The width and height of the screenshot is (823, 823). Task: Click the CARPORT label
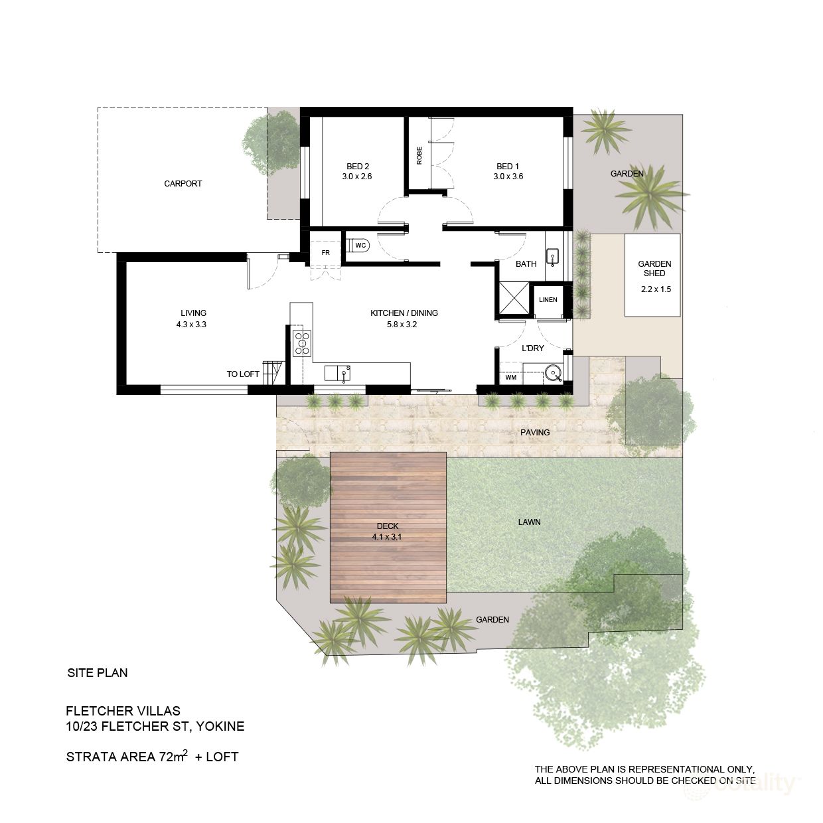(183, 184)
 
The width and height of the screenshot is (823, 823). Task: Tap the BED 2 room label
(357, 167)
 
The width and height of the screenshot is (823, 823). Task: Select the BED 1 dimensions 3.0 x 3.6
(508, 177)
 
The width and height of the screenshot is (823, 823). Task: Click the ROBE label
(419, 155)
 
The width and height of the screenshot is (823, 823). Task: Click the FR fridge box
(325, 253)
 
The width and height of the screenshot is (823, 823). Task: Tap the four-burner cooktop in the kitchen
(302, 343)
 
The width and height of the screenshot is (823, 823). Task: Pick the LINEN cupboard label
(548, 300)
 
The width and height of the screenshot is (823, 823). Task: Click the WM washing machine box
(510, 378)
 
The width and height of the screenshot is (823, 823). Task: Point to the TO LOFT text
(243, 374)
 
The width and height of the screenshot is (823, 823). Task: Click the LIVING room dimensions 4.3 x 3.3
(193, 325)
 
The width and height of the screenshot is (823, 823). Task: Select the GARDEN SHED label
(654, 268)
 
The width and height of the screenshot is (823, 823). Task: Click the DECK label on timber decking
(387, 526)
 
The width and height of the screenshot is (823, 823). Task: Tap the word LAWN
(529, 522)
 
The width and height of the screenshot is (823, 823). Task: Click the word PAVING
(535, 433)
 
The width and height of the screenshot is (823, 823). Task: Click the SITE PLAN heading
(98, 673)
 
